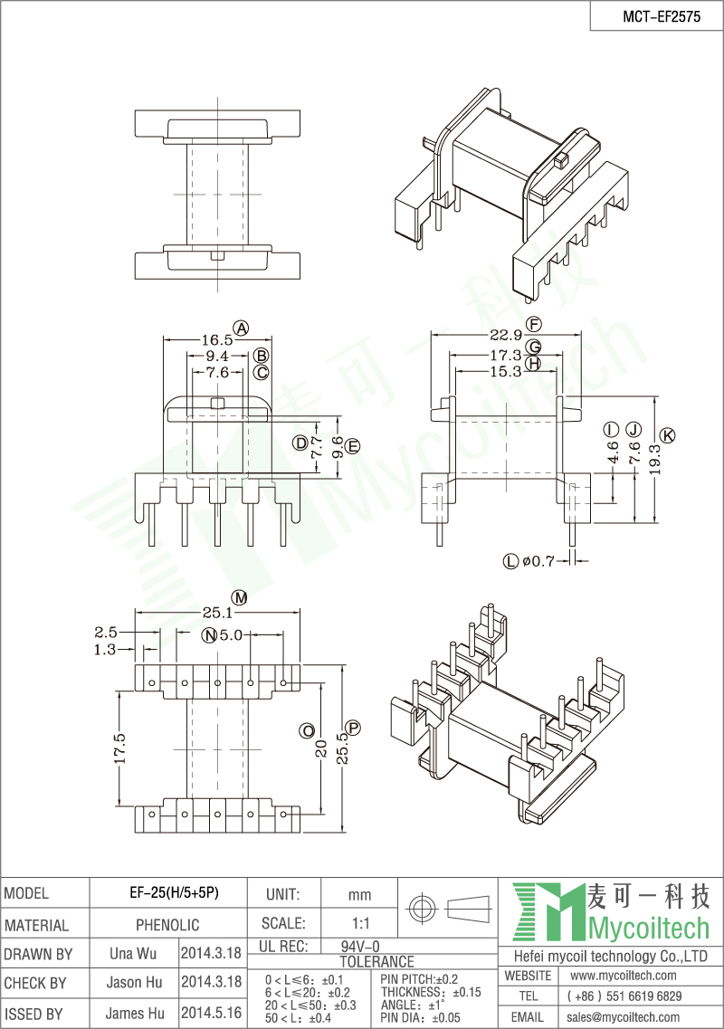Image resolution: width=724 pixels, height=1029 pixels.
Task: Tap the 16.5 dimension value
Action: coord(216,340)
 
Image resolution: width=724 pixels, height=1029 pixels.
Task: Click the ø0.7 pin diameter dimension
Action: coord(537,561)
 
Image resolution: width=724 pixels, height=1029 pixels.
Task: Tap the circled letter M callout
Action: coord(239,597)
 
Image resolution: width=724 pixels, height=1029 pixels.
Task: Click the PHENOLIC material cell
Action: coord(167,925)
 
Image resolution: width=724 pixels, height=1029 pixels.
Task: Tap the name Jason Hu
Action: coord(135,983)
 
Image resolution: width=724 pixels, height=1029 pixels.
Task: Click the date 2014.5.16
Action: coord(211,1014)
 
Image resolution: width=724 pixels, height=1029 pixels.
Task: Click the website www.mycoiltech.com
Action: coord(624,976)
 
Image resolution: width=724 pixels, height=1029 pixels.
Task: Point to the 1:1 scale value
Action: coord(359,925)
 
